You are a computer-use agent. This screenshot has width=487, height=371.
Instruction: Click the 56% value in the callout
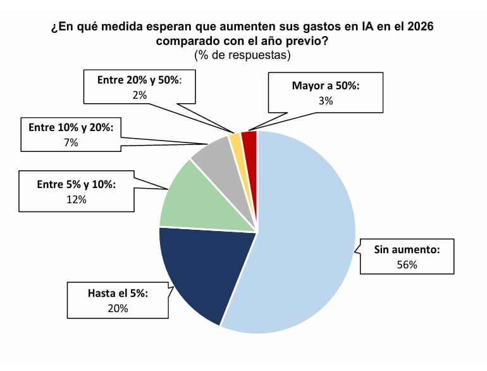pyautogui.click(x=407, y=265)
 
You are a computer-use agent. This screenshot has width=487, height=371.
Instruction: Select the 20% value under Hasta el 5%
pyautogui.click(x=118, y=308)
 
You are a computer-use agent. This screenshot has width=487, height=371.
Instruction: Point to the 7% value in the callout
pyautogui.click(x=71, y=142)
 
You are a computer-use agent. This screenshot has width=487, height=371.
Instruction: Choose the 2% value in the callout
pyautogui.click(x=140, y=95)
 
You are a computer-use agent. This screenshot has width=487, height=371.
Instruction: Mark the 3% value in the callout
pyautogui.click(x=326, y=99)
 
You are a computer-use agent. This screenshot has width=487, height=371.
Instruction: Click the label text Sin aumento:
pyautogui.click(x=407, y=249)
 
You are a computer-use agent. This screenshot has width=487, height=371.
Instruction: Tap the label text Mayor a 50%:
pyautogui.click(x=326, y=85)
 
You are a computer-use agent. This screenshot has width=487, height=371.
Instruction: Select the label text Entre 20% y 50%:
pyautogui.click(x=140, y=80)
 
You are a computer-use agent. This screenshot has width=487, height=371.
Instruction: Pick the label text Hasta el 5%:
pyautogui.click(x=118, y=293)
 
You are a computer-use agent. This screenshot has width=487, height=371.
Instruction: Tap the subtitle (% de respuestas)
pyautogui.click(x=243, y=55)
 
